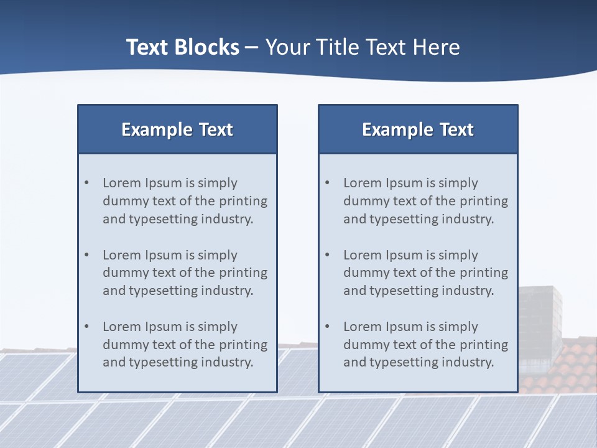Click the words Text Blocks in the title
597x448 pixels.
coord(182,47)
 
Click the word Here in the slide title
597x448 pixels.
coord(435,47)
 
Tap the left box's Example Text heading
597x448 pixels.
coord(177,129)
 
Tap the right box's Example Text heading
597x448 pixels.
coord(418,129)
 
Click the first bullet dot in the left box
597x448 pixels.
coord(86,183)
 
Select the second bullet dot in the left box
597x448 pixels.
coord(86,255)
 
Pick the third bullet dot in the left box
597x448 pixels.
coord(86,327)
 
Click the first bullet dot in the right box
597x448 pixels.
coord(327,183)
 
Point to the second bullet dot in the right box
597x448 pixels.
coord(327,255)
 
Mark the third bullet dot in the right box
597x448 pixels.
coord(327,327)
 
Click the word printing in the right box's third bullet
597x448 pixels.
coord(484,345)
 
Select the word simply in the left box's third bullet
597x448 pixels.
coord(218,327)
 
